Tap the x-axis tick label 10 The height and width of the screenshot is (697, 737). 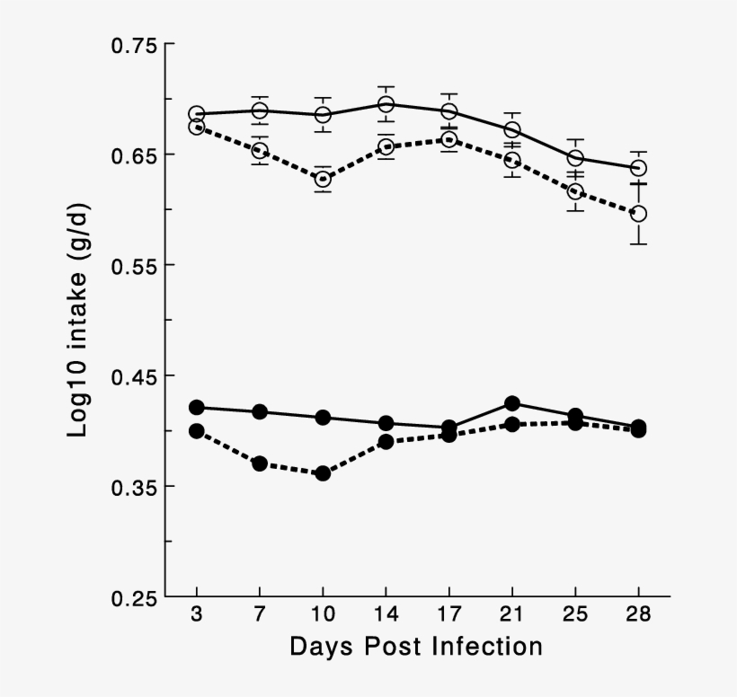coord(323,615)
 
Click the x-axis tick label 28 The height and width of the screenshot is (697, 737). coord(638,615)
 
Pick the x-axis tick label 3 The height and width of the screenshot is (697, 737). coord(197,615)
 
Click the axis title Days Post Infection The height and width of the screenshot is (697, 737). coord(416,647)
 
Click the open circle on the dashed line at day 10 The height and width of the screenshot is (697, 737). coord(323,179)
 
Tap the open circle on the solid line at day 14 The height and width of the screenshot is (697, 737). coord(386,105)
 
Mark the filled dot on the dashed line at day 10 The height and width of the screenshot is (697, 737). coord(323,473)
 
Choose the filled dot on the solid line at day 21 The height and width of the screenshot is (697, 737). coord(512,403)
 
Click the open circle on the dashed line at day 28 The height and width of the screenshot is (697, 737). coord(639,214)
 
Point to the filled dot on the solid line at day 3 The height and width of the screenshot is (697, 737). coord(197,407)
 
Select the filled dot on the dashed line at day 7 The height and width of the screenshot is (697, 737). coord(260,463)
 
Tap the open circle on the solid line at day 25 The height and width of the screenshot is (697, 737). coord(575,159)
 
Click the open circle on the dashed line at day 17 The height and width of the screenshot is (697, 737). coord(449,139)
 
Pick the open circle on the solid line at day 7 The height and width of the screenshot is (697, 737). coord(260,110)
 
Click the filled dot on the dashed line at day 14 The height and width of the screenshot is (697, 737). coord(386,441)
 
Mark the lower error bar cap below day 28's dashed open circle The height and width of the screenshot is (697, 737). coord(639,243)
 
